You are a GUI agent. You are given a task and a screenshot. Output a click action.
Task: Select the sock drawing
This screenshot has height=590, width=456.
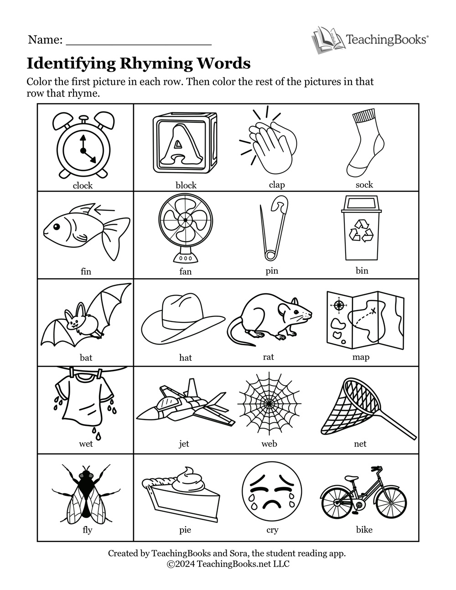tap(365, 143)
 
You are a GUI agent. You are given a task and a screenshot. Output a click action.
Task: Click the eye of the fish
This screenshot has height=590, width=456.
tap(57, 226)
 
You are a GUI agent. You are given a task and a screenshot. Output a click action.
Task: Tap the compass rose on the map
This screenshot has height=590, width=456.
tap(339, 305)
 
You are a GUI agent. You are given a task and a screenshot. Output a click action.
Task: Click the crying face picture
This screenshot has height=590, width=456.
tap(272, 495)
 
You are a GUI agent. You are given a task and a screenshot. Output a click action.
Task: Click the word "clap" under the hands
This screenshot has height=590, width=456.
tap(277, 185)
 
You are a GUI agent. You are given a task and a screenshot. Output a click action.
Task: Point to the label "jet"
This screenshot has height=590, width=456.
tap(184, 444)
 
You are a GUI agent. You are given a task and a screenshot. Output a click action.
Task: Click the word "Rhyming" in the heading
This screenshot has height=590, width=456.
tap(156, 63)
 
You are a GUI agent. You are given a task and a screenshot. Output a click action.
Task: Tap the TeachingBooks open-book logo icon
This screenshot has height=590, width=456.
tap(328, 40)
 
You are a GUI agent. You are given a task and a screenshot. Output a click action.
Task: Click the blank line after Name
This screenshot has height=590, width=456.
tap(139, 44)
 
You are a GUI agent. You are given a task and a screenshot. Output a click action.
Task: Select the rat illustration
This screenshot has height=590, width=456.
tap(269, 319)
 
